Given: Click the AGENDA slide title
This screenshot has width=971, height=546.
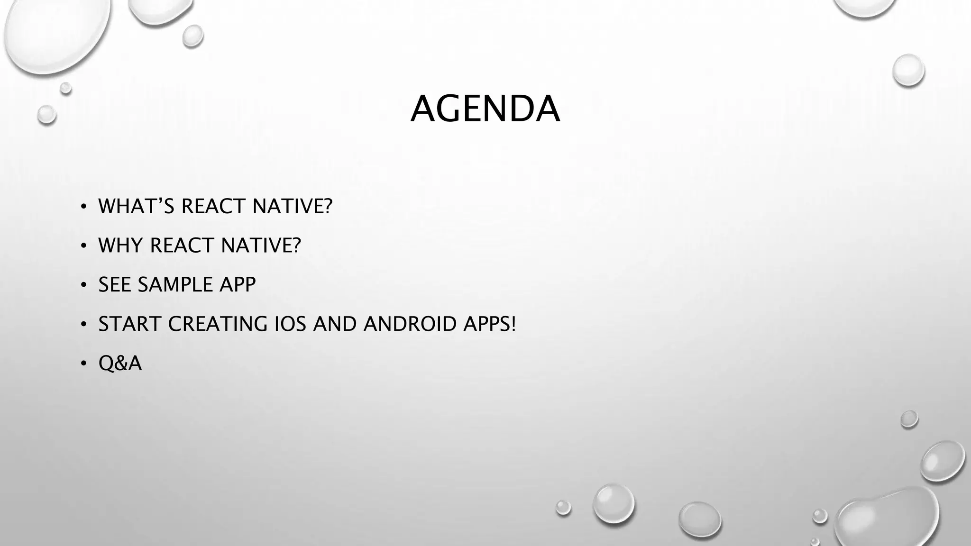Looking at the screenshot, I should pyautogui.click(x=485, y=109).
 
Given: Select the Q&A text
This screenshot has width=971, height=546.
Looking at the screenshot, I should pyautogui.click(x=120, y=364).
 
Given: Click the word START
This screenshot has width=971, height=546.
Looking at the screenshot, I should pyautogui.click(x=130, y=324).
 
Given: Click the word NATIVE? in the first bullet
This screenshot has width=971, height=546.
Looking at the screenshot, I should pyautogui.click(x=293, y=206).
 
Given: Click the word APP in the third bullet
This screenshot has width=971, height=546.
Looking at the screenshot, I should pyautogui.click(x=238, y=285).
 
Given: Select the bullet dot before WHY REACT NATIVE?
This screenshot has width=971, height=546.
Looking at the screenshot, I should pyautogui.click(x=83, y=246).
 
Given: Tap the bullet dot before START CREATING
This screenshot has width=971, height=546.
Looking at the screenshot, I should pyautogui.click(x=83, y=325).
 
